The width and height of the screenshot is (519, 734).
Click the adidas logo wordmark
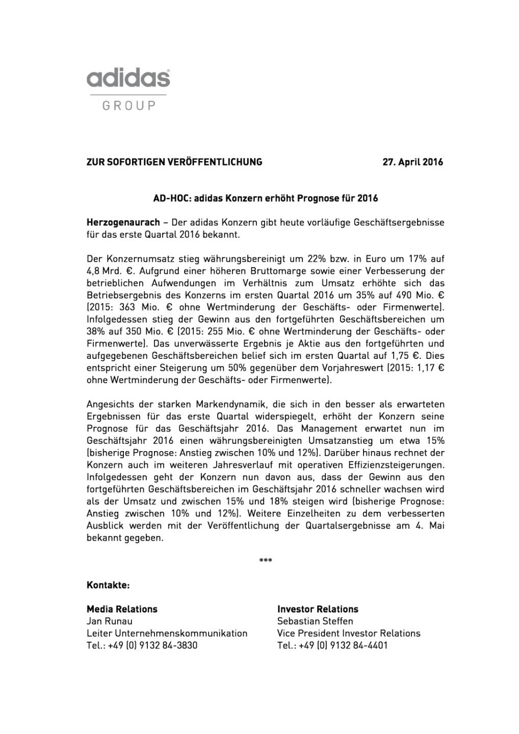pyautogui.click(x=128, y=79)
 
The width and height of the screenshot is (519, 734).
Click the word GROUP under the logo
pyautogui.click(x=128, y=106)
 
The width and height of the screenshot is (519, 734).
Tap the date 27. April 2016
pyautogui.click(x=413, y=162)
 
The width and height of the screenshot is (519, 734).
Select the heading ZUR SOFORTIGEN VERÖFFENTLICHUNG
pyautogui.click(x=174, y=162)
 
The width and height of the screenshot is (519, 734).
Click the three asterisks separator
pyautogui.click(x=266, y=561)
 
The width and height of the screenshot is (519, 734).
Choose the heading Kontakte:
pyautogui.click(x=108, y=585)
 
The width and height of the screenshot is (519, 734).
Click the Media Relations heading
pyautogui.click(x=122, y=609)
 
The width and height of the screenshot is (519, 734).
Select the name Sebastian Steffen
pyautogui.click(x=315, y=621)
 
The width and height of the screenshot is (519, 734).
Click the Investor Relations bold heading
pyautogui.click(x=318, y=609)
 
